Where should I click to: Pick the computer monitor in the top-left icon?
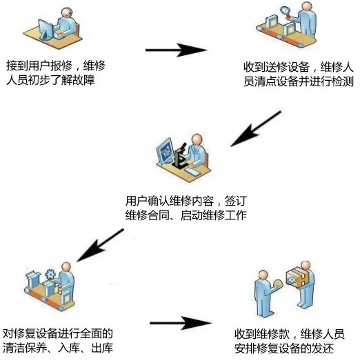pyautogui.click(x=43, y=29)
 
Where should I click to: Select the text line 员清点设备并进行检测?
pyautogui.click(x=299, y=82)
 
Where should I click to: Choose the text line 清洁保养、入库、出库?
pyautogui.click(x=59, y=348)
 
